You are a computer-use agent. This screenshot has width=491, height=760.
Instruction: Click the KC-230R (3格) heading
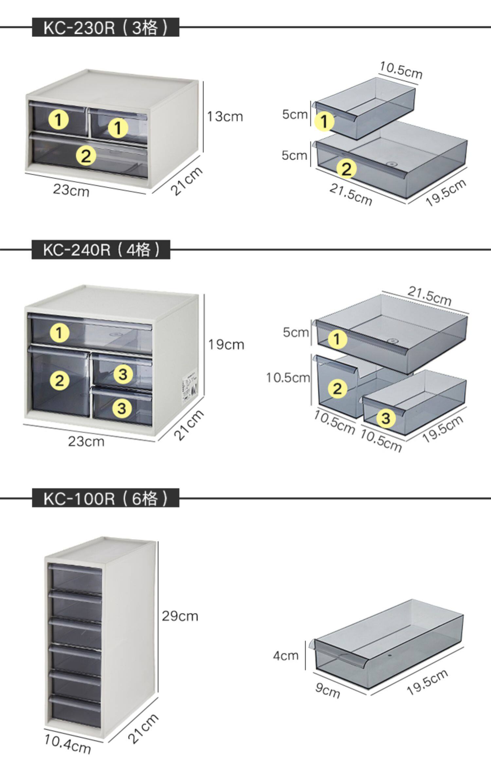pyautogui.click(x=105, y=27)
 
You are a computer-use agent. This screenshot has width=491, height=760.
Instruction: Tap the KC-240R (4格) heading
pyautogui.click(x=101, y=250)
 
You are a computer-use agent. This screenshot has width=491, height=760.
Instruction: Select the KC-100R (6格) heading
pyautogui.click(x=105, y=498)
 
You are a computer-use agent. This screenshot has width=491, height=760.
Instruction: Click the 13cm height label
pyautogui.click(x=225, y=117)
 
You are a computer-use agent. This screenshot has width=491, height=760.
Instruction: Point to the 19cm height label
pyautogui.click(x=226, y=345)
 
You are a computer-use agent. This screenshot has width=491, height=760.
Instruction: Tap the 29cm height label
pyautogui.click(x=180, y=616)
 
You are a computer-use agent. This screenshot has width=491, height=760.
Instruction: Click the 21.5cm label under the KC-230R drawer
pyautogui.click(x=351, y=194)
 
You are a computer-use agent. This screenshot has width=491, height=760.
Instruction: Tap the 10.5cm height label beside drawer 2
pyautogui.click(x=288, y=378)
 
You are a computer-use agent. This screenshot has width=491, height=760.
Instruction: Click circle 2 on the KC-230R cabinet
pyautogui.click(x=86, y=156)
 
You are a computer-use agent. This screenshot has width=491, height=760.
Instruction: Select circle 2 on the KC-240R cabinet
pyautogui.click(x=60, y=381)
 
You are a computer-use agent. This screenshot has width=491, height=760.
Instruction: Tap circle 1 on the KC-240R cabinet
pyautogui.click(x=60, y=333)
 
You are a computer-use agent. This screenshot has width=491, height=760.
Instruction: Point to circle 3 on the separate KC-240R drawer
pyautogui.click(x=386, y=418)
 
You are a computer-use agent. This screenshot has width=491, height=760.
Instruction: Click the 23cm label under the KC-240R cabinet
pyautogui.click(x=86, y=442)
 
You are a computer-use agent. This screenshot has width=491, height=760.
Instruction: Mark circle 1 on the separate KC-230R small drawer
pyautogui.click(x=324, y=122)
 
